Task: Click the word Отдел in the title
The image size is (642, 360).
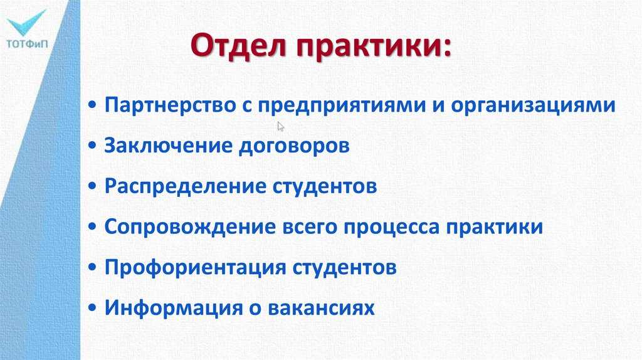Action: point(238,45)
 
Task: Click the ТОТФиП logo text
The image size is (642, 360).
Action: point(27,43)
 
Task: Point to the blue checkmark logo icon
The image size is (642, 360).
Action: point(26,23)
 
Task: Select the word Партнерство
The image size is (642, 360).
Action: point(171,105)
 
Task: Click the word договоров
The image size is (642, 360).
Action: point(294,147)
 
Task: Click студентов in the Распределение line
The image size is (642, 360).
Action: point(325,187)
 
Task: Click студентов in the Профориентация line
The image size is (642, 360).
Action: point(344,268)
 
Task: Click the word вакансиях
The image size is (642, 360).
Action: point(321,309)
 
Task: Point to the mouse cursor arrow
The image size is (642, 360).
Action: point(280,127)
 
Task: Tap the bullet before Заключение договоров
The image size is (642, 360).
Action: point(92,146)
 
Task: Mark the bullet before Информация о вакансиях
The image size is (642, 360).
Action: point(92,307)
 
